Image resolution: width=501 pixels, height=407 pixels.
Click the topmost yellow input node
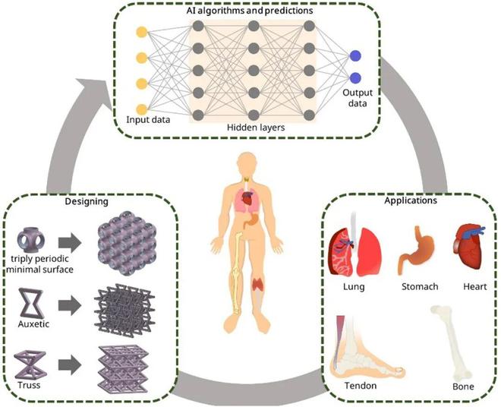point(140,33)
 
